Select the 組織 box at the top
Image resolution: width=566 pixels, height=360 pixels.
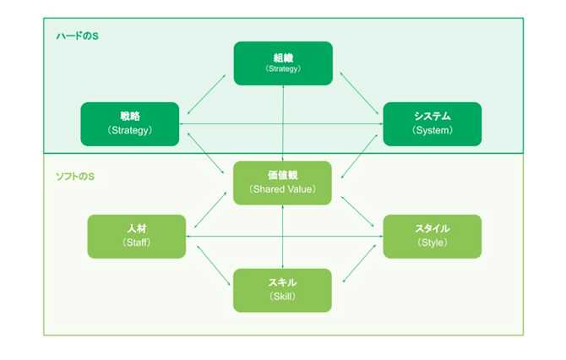(x=283, y=63)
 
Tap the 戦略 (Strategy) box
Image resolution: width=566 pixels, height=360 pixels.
(x=129, y=123)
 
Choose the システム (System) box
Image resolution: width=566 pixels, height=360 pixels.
(x=432, y=123)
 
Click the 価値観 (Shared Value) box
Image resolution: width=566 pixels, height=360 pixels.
(x=283, y=182)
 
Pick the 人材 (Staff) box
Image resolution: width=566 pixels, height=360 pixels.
(x=137, y=236)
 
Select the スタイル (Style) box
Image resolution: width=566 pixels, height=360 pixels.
(x=432, y=236)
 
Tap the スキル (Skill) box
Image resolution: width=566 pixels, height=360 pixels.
(x=283, y=290)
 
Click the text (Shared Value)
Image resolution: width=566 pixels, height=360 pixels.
(x=283, y=189)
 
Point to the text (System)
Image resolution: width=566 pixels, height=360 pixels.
(x=432, y=130)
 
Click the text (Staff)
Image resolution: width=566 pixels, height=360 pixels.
(x=137, y=243)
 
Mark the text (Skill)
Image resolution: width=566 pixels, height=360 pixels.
(x=283, y=297)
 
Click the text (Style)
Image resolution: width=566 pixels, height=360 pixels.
(x=432, y=243)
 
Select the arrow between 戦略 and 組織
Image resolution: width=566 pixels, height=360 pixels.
(x=206, y=92)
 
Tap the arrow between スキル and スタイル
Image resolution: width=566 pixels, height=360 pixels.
(x=358, y=267)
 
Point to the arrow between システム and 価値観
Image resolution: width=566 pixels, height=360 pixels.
(x=358, y=155)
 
